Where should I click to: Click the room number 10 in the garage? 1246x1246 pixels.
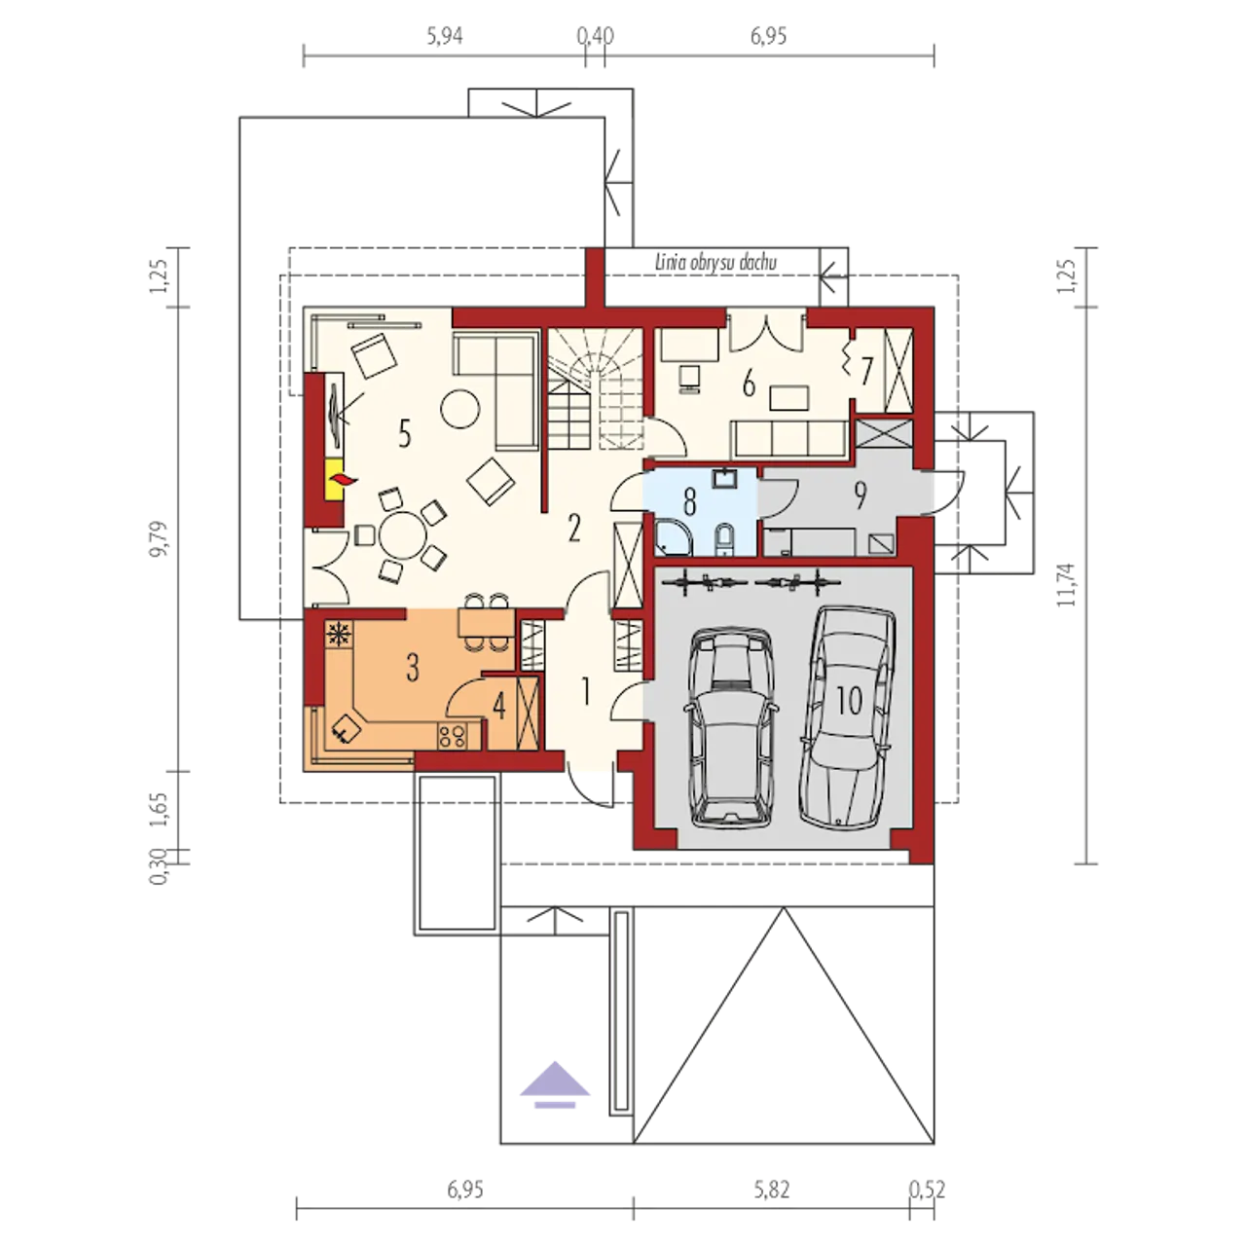pyautogui.click(x=850, y=700)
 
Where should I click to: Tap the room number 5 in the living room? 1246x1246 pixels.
pyautogui.click(x=405, y=433)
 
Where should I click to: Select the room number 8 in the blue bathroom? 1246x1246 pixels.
pyautogui.click(x=690, y=502)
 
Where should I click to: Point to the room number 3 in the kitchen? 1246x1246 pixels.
pyautogui.click(x=413, y=668)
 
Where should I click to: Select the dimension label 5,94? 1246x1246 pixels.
pyautogui.click(x=444, y=36)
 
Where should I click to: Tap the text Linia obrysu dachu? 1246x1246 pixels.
pyautogui.click(x=715, y=263)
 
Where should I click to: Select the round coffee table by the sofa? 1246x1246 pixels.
pyautogui.click(x=459, y=407)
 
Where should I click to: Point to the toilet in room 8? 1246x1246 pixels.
pyautogui.click(x=723, y=540)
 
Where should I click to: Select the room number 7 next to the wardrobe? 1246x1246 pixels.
pyautogui.click(x=865, y=371)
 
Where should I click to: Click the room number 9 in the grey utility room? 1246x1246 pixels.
pyautogui.click(x=860, y=495)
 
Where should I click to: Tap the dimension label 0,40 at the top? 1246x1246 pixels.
pyautogui.click(x=595, y=36)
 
